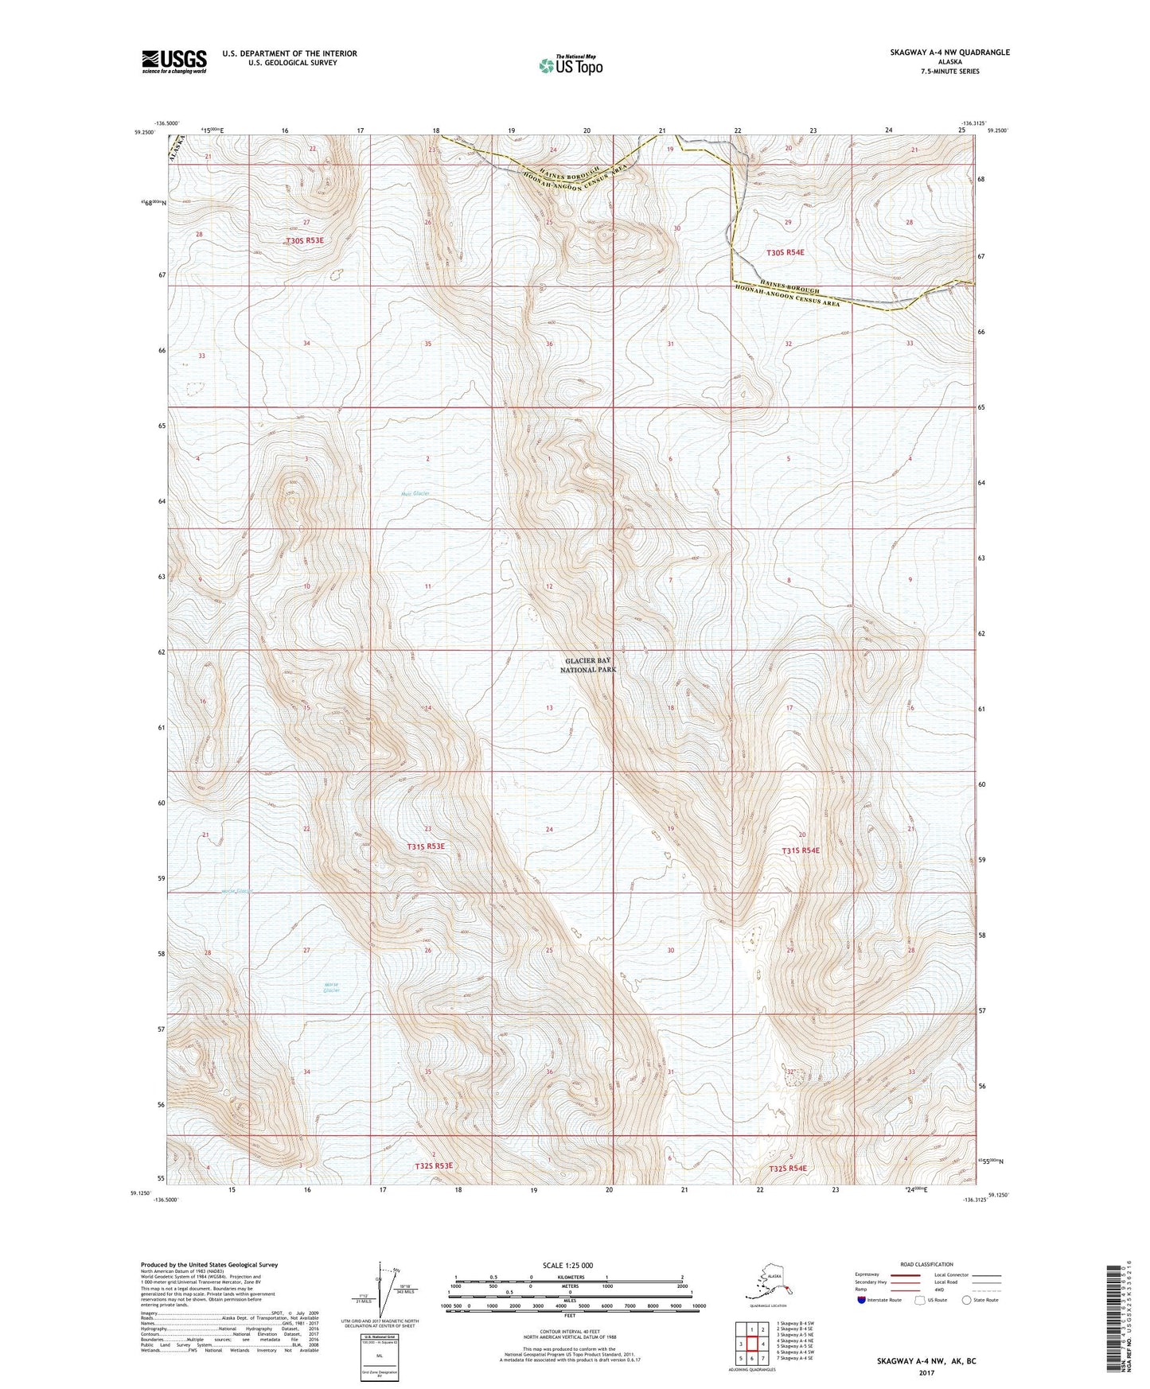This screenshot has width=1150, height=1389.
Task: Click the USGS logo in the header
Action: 173,60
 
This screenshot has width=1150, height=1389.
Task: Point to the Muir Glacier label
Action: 415,494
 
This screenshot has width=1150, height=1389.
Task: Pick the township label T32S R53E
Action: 433,1165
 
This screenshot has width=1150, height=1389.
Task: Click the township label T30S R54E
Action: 785,252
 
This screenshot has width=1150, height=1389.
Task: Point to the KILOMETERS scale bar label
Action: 570,1277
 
